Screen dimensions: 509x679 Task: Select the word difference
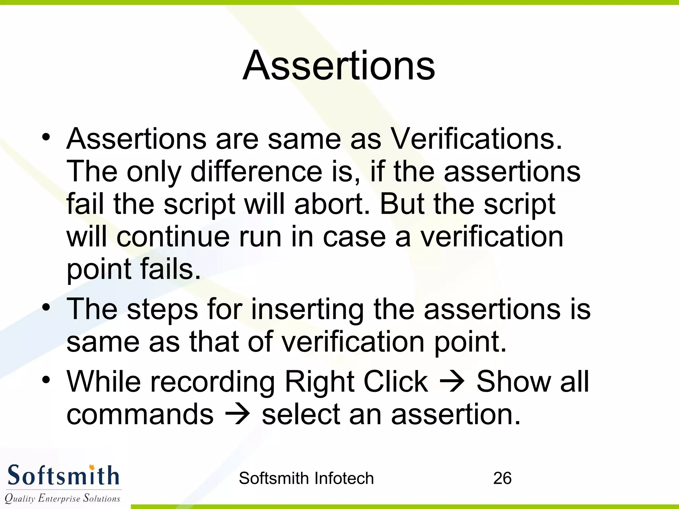[x=256, y=172]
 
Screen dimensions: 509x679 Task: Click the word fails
[x=170, y=269]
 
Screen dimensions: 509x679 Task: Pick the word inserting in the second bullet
[x=307, y=309]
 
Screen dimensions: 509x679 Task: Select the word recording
[x=213, y=382]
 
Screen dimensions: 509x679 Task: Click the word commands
[x=140, y=414]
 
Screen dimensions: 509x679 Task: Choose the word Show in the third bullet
[x=513, y=382]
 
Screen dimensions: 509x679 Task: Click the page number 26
[x=502, y=478]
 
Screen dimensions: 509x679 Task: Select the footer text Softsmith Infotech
[x=306, y=478]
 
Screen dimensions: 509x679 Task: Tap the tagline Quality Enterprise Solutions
[x=62, y=498]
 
